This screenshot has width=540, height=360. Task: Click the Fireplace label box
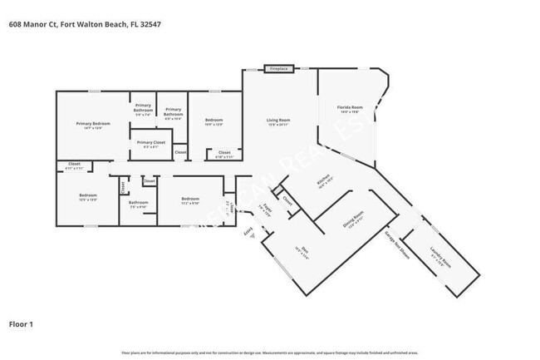[x=277, y=67]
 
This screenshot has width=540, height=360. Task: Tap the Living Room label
[x=277, y=121]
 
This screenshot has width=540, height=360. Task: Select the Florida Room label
[x=350, y=107]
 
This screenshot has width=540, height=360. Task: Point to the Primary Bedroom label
[x=93, y=124]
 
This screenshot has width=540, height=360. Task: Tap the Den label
[x=298, y=248]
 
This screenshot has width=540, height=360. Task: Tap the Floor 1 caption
[x=21, y=323]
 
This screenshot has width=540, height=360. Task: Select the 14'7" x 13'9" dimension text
[x=93, y=129]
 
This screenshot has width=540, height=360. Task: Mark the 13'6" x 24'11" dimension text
[x=277, y=126]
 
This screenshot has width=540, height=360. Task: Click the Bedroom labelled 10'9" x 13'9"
[x=214, y=121]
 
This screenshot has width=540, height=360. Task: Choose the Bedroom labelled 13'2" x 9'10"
[x=190, y=199]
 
